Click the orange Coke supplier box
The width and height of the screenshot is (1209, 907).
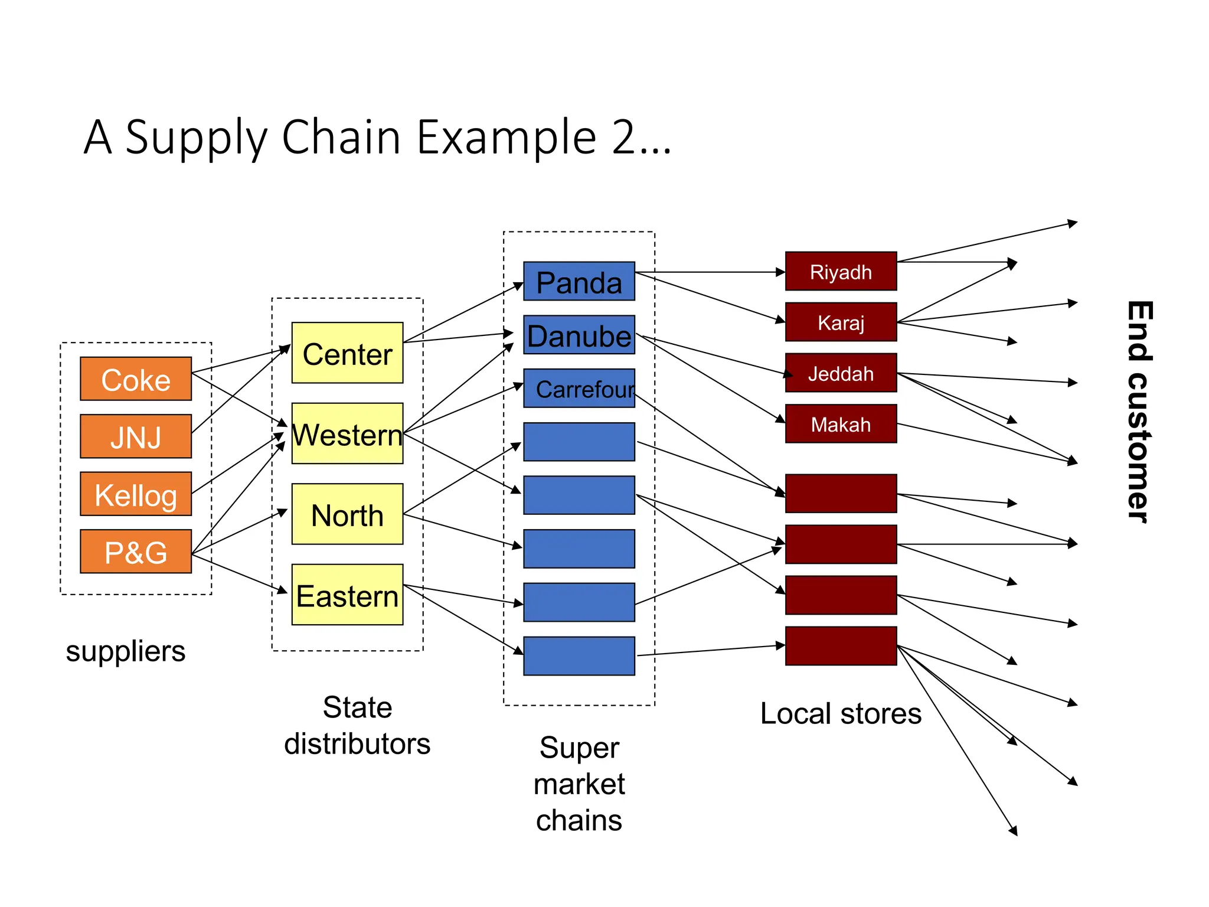click(x=136, y=379)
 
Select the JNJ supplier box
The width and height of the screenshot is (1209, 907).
click(x=136, y=436)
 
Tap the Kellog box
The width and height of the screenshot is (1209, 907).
click(x=136, y=494)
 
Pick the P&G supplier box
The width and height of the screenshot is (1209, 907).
click(x=136, y=552)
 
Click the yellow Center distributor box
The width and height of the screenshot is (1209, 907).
click(x=347, y=353)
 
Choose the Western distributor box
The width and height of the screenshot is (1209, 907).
click(x=347, y=433)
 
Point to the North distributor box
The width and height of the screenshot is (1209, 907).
click(x=347, y=514)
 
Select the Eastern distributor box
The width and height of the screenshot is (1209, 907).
click(x=347, y=595)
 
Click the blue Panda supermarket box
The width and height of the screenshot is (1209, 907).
click(x=579, y=282)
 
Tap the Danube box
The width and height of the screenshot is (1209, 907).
click(x=579, y=335)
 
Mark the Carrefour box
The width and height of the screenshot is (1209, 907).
click(x=579, y=389)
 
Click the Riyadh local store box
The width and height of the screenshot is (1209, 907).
click(x=841, y=272)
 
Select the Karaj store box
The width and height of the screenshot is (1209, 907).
click(x=841, y=322)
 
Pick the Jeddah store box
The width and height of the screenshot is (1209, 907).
click(x=841, y=373)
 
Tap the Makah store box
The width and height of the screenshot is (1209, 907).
click(x=841, y=424)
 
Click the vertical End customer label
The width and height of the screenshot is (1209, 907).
click(x=1139, y=412)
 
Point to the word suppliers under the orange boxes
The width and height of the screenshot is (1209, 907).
click(x=125, y=651)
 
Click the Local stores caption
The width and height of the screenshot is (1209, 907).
click(x=841, y=713)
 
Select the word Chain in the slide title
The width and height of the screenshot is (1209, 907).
click(x=341, y=137)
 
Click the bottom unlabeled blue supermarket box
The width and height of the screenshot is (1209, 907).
click(x=579, y=656)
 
